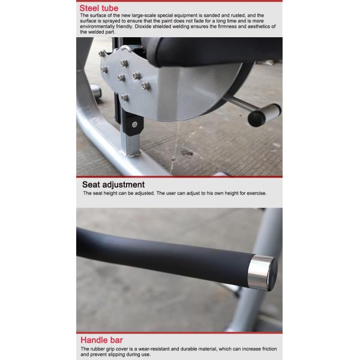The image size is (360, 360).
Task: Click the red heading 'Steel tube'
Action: click(99, 8)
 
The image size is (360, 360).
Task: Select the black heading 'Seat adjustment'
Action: click(113, 185)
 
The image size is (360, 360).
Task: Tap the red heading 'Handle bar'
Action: click(101, 340)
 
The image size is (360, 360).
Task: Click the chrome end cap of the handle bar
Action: click(262, 272)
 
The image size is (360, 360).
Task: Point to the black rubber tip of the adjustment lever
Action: click(256, 118)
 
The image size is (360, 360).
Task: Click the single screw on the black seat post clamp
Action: click(134, 125)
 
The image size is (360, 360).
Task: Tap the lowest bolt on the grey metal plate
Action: click(125, 98)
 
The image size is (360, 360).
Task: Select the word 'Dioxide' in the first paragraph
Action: click(143, 26)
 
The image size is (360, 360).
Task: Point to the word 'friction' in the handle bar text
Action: click(269, 349)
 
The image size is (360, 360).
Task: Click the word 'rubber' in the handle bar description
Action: click(98, 349)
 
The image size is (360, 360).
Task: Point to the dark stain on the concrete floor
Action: click(187, 152)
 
